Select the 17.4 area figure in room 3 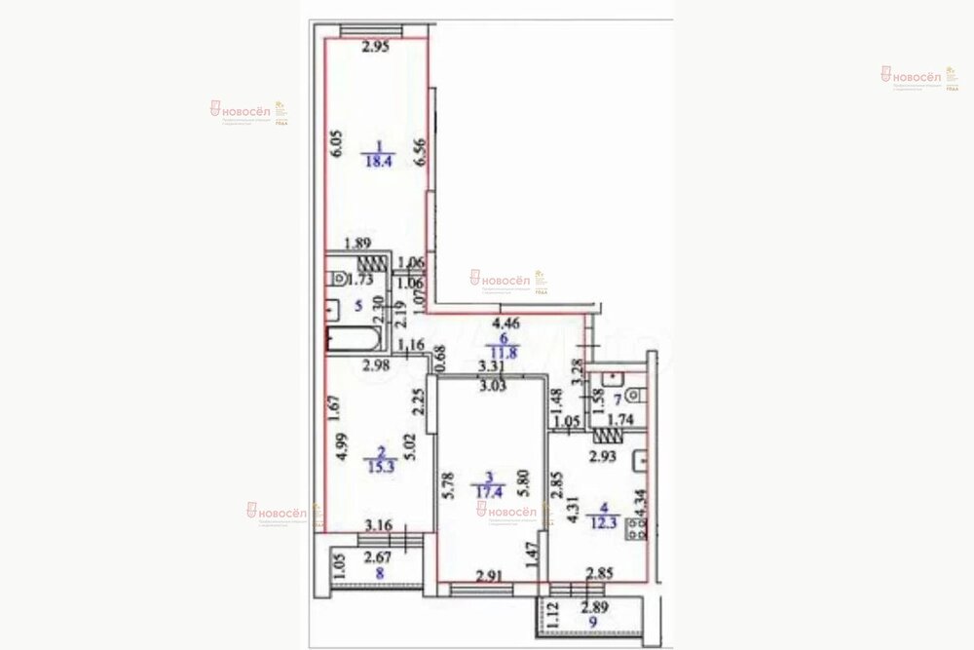click(x=490, y=493)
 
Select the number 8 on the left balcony click(x=378, y=574)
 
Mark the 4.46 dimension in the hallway click(x=506, y=324)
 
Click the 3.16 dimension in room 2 click(x=379, y=527)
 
